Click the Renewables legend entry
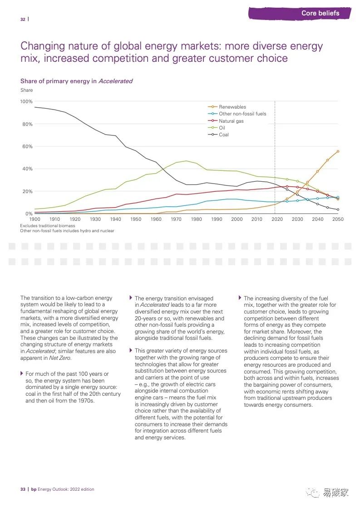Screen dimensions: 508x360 point(232,107)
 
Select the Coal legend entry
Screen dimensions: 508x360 point(223,134)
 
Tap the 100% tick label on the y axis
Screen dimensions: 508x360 point(26,101)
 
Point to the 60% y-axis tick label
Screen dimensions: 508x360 point(27,146)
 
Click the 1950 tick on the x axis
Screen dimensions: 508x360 point(136,219)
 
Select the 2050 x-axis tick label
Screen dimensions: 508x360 point(338,219)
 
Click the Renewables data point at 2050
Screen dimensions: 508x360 point(338,151)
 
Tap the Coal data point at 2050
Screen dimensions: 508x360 point(338,209)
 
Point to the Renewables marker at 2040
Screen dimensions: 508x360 point(318,171)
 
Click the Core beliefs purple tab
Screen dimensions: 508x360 point(320,13)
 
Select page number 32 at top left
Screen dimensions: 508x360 point(23,19)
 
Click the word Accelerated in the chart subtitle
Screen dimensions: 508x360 point(115,81)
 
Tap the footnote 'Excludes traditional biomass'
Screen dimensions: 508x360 point(47,225)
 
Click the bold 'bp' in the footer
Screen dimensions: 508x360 point(33,489)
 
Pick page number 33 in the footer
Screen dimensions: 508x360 point(23,489)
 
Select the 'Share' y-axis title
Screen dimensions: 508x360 point(26,90)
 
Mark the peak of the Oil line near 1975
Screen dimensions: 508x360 point(186,161)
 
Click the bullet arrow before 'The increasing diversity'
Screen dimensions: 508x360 point(240,298)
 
